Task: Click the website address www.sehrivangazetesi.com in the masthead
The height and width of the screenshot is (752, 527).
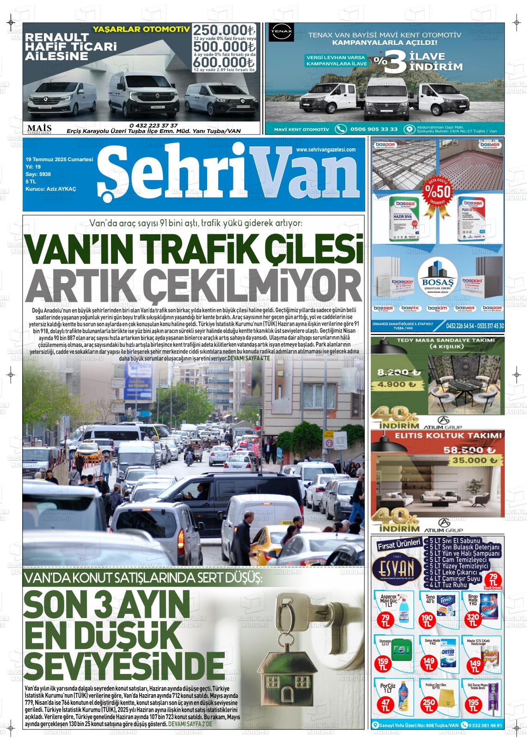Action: point(325,150)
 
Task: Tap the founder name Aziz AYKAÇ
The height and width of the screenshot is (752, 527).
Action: point(51,189)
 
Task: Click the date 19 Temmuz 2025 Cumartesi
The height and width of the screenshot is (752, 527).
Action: point(60,159)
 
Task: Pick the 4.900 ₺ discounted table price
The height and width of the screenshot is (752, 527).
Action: point(396,384)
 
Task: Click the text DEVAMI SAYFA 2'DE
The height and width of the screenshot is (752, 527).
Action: point(190,724)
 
